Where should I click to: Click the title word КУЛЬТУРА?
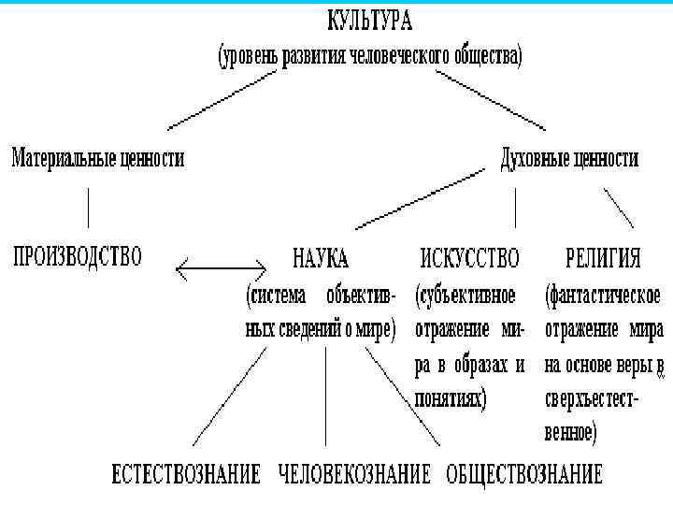[x=369, y=20]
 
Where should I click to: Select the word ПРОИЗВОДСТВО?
[x=78, y=255]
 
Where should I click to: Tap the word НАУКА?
[x=321, y=256]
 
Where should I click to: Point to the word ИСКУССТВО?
[x=470, y=256]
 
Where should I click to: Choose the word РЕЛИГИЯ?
[x=604, y=256]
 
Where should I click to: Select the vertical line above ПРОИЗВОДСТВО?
[x=89, y=208]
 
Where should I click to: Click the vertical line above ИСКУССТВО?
[x=515, y=208]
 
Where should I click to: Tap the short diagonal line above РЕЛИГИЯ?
[x=619, y=208]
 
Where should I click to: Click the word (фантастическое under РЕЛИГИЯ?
[x=602, y=296]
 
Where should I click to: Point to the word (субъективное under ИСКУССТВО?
[x=465, y=296]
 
